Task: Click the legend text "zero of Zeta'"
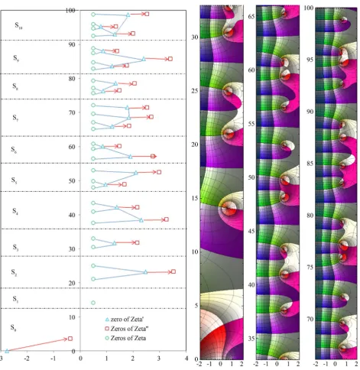point(127,319)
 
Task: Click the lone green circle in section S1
point(93,303)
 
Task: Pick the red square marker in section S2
point(174,271)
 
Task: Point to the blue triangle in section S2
point(145,272)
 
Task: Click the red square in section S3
point(138,242)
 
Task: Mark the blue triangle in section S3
point(115,243)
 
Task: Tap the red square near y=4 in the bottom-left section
point(70,339)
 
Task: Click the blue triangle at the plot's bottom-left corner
point(7,351)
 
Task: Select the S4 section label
point(15,211)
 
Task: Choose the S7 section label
point(15,118)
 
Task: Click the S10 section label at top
point(18,25)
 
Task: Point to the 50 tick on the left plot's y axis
point(72,180)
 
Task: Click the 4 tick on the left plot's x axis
point(186,359)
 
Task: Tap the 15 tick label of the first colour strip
point(195,198)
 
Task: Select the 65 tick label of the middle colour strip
point(251,16)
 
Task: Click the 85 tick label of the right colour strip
point(310,163)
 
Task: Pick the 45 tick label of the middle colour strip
point(251,231)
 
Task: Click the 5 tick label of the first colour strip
point(196,305)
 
